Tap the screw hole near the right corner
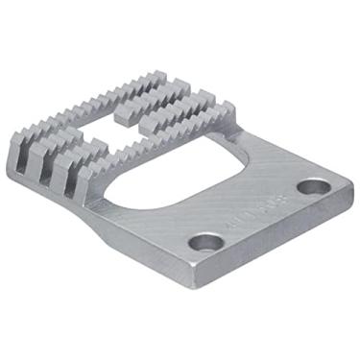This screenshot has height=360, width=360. tap(309, 186)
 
